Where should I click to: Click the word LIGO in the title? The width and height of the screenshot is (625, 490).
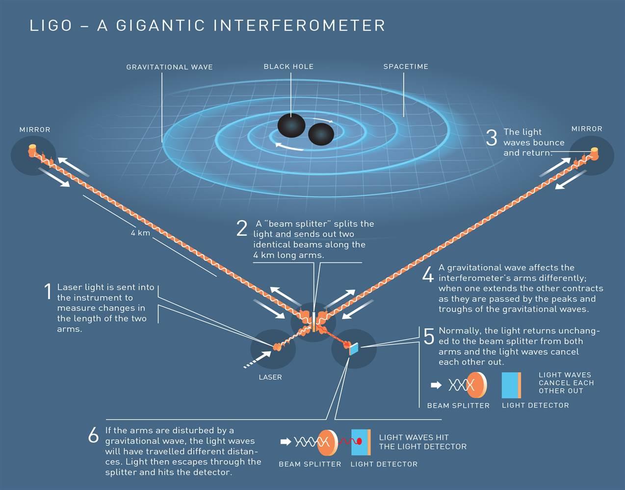coord(51,25)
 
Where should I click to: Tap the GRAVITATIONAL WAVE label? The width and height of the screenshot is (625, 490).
coord(169,67)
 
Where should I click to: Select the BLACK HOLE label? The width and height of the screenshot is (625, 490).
coord(288,67)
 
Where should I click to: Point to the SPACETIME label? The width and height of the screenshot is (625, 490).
coord(406,67)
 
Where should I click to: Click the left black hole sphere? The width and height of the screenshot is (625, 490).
coord(291,125)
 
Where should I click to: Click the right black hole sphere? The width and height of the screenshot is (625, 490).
coord(321,134)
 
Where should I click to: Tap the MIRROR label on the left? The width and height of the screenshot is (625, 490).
coord(35,129)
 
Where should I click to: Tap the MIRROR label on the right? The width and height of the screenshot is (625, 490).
coord(587,129)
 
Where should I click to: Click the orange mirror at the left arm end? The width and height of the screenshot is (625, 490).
coord(32,150)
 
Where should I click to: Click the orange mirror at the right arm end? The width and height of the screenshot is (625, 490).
coord(595,153)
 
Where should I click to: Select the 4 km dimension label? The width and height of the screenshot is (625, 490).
coord(140,233)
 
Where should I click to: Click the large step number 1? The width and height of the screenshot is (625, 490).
coord(48,291)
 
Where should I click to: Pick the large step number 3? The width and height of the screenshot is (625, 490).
coord(492,137)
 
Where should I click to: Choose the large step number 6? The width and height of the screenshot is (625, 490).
coord(93,435)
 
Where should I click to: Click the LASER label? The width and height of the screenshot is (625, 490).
coord(270,377)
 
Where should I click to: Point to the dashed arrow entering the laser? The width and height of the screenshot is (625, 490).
coord(257,360)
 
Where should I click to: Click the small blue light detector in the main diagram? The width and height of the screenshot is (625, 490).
coord(354,349)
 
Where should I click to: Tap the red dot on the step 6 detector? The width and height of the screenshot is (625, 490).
coord(359,441)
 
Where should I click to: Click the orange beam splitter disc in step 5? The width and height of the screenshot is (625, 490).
coord(477,385)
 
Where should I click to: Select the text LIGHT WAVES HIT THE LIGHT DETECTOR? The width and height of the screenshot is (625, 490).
coord(422,442)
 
